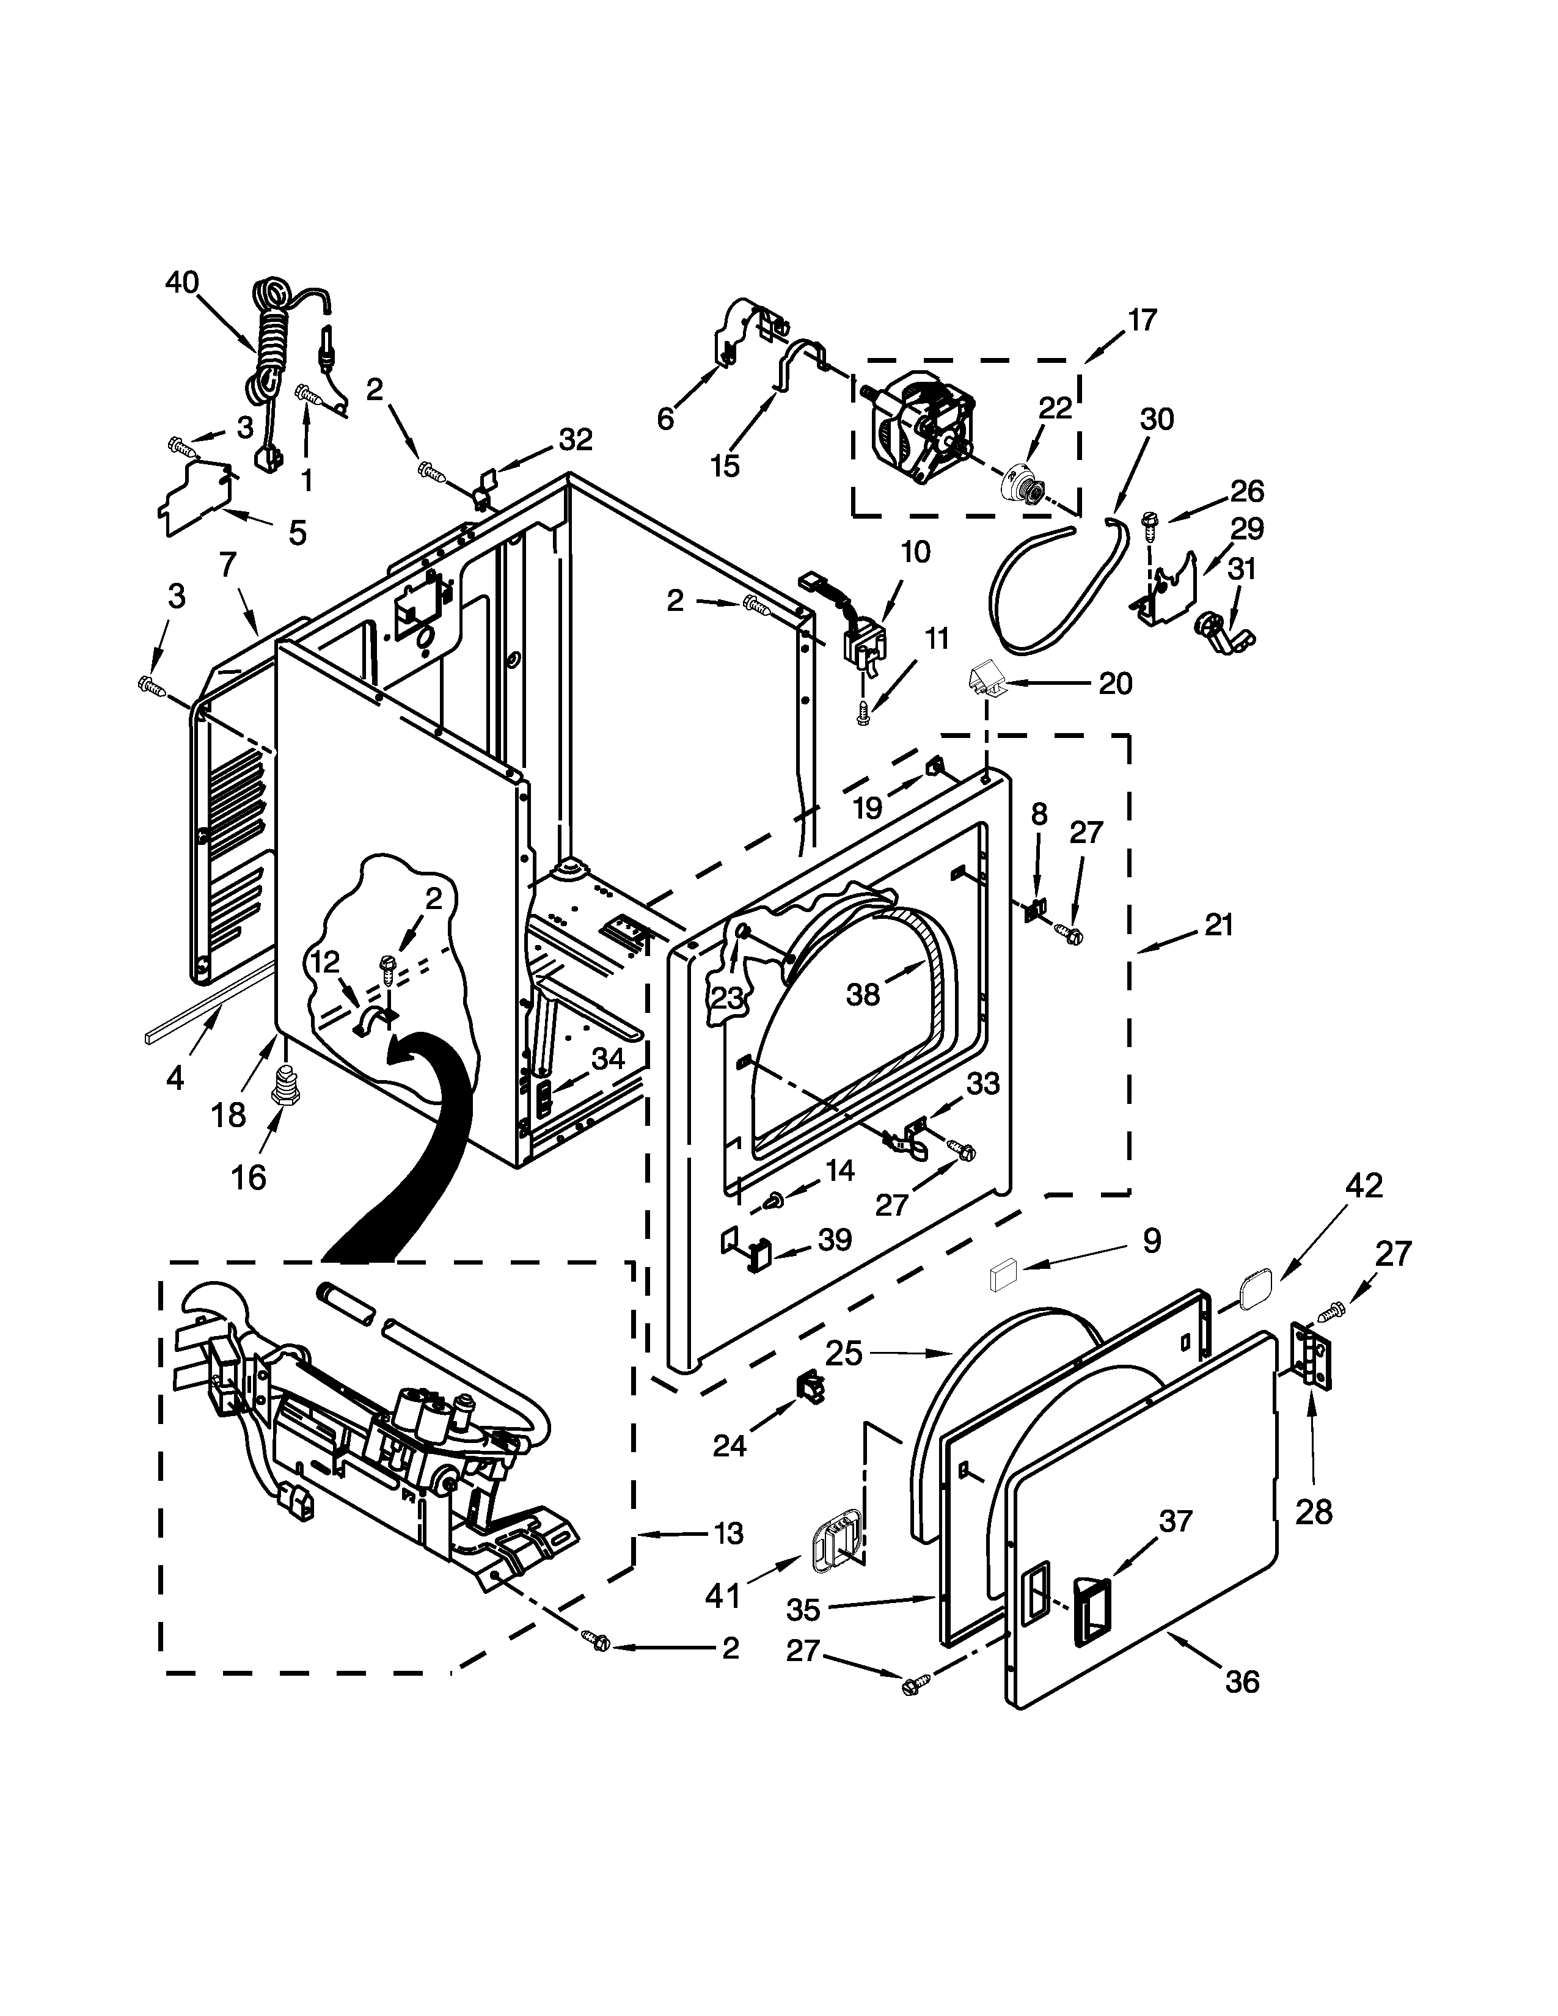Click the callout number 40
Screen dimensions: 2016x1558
[182, 282]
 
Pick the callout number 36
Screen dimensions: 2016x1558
[1242, 1682]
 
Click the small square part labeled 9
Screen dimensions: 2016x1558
[1003, 1277]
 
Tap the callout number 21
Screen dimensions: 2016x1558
[1218, 925]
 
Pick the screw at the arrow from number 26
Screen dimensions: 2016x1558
[1149, 524]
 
